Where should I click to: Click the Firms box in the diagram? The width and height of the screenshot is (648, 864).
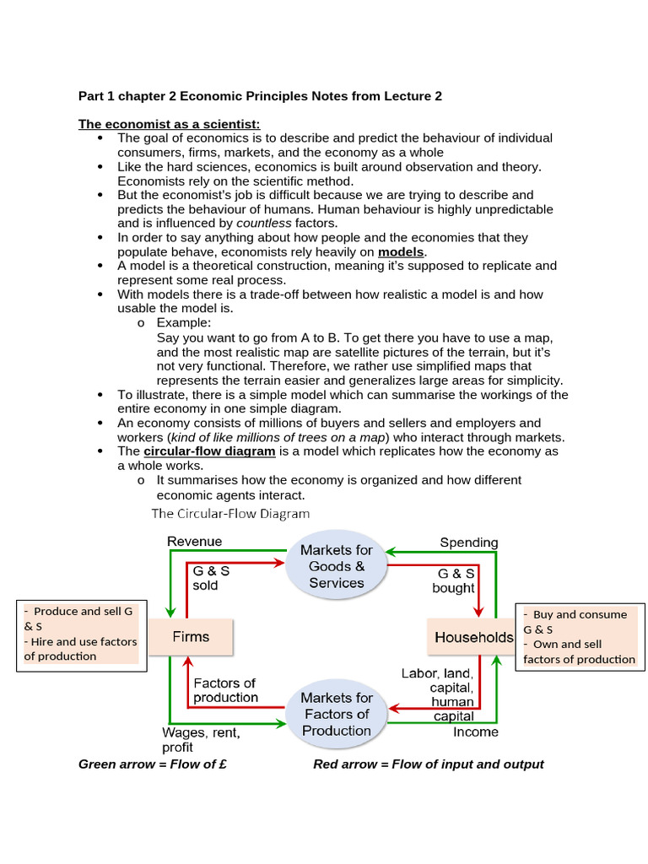(x=191, y=636)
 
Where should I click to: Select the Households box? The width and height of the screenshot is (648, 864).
(x=473, y=637)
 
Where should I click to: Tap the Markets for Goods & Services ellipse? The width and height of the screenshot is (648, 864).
(x=337, y=566)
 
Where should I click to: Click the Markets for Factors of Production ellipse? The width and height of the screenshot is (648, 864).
(x=337, y=714)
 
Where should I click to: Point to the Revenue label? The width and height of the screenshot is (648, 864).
(x=195, y=542)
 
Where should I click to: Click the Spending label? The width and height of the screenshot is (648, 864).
(x=469, y=543)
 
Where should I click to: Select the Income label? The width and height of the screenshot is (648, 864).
(x=476, y=732)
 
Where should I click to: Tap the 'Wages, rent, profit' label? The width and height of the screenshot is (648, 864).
(x=201, y=740)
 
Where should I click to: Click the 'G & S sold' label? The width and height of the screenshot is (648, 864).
(x=211, y=578)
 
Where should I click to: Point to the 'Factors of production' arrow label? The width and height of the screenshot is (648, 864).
(x=225, y=690)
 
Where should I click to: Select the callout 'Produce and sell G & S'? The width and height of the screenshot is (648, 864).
(x=80, y=618)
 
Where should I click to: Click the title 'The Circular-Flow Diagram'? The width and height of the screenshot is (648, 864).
(x=230, y=513)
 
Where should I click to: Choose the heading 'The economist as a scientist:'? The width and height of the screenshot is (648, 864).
(x=170, y=124)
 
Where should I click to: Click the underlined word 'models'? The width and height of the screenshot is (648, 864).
(x=402, y=252)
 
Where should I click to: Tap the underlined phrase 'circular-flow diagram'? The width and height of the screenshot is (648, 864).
(x=210, y=451)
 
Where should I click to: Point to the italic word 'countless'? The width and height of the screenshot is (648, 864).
(x=263, y=224)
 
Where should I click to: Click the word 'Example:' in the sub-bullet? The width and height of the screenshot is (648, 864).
(x=184, y=322)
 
